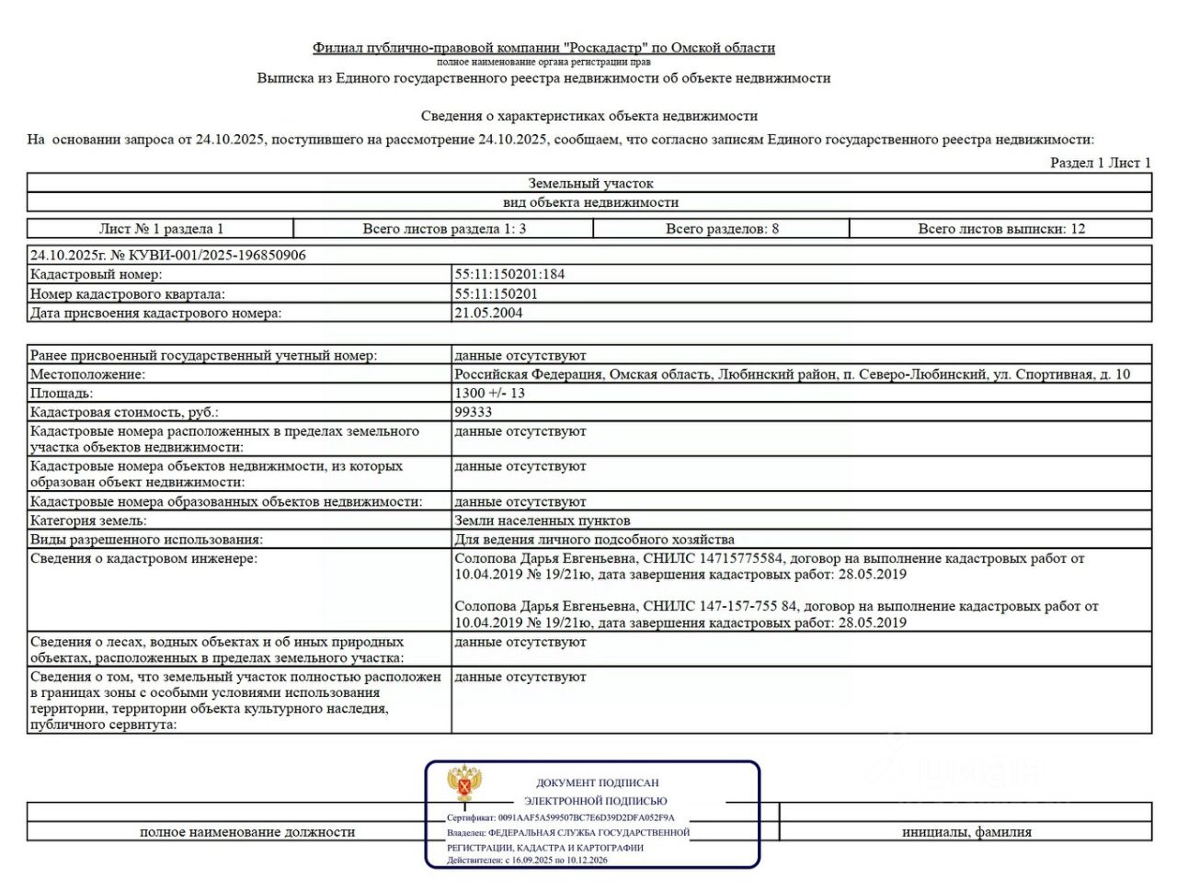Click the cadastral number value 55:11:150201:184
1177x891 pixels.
click(509, 274)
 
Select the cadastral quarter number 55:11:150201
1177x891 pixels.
click(496, 294)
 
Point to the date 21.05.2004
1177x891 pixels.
click(488, 313)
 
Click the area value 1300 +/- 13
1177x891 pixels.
click(490, 393)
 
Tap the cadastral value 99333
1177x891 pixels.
click(474, 412)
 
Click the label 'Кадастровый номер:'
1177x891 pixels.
click(96, 274)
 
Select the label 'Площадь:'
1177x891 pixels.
click(62, 393)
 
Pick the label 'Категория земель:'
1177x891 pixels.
click(88, 520)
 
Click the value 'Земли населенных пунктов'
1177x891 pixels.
click(543, 520)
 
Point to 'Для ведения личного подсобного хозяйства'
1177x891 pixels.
click(594, 540)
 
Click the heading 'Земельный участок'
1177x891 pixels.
click(590, 183)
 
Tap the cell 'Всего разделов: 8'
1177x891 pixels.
click(722, 229)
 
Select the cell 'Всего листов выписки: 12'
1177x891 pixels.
click(1001, 229)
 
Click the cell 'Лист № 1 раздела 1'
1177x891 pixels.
click(161, 229)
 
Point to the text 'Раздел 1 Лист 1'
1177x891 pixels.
click(1100, 163)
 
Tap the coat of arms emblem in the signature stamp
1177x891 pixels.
click(464, 783)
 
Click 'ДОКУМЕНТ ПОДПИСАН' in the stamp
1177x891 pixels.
click(598, 782)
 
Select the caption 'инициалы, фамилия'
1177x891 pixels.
click(966, 831)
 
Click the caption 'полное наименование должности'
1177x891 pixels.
click(247, 831)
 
